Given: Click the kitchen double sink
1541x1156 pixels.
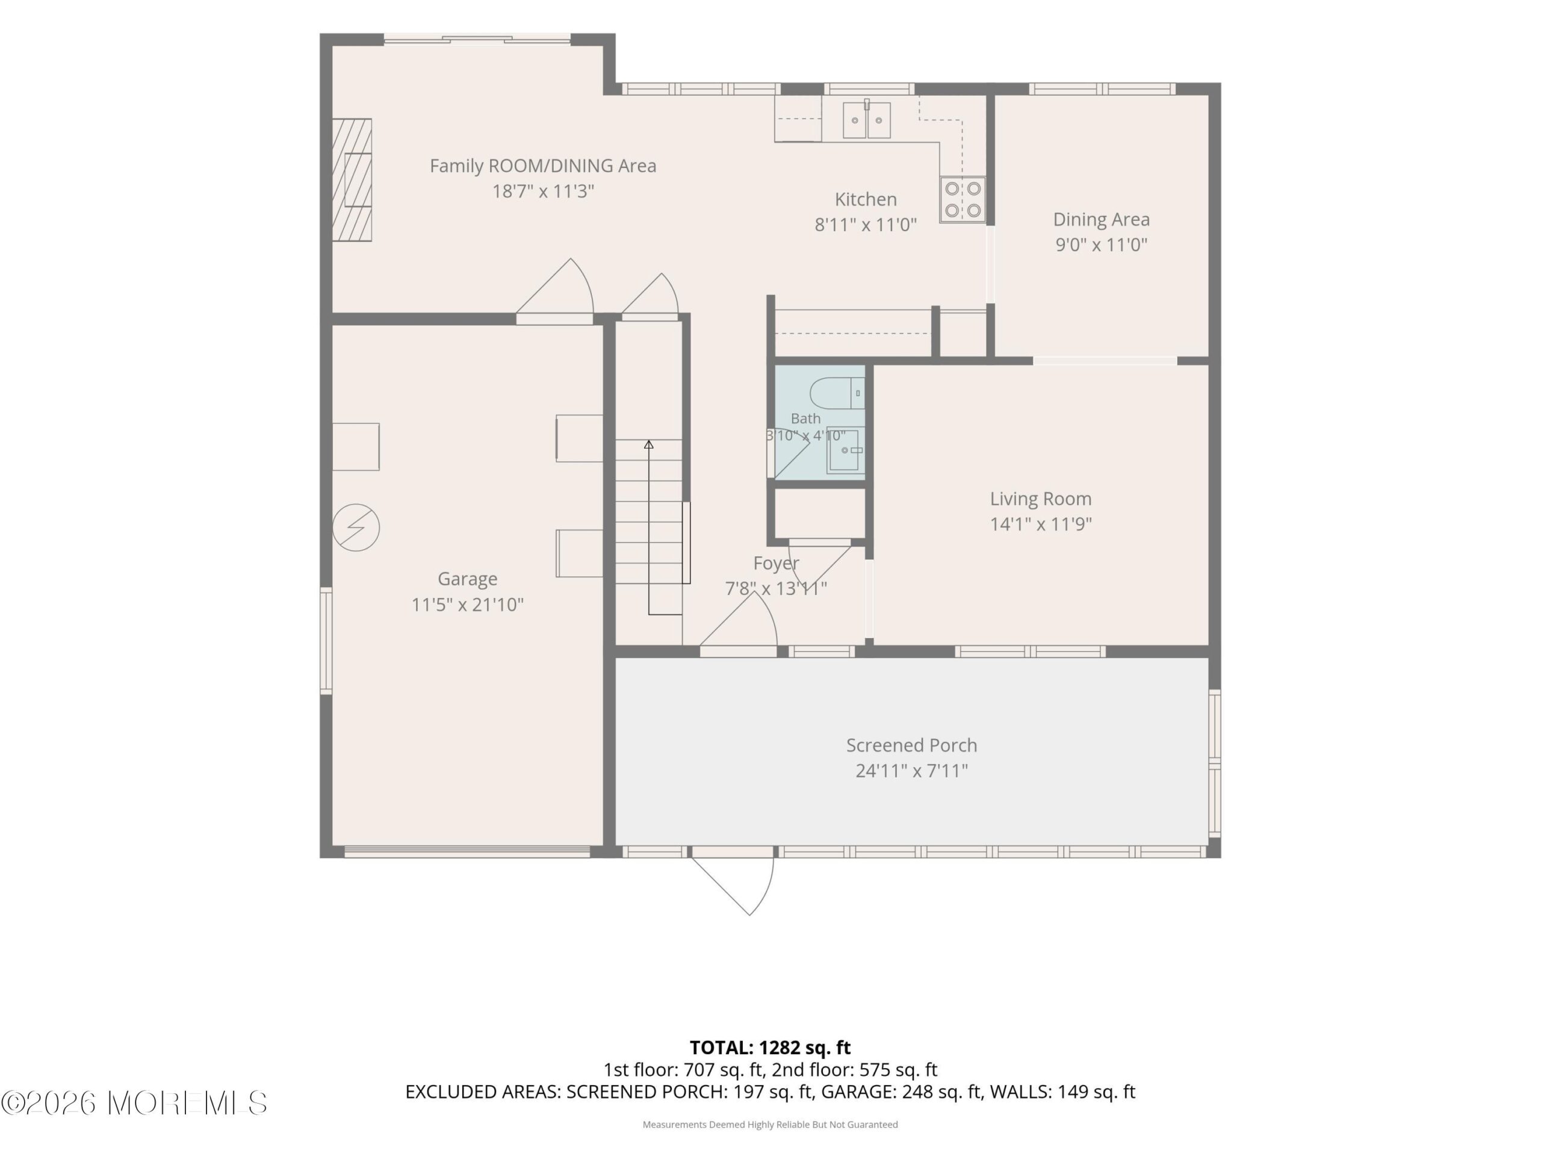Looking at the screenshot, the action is [867, 120].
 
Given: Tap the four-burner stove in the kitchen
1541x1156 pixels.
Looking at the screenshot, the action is [963, 199].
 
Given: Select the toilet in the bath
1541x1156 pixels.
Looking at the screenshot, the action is [837, 394].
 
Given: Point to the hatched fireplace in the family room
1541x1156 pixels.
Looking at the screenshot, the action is [351, 180].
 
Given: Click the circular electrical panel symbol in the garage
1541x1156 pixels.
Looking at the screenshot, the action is [356, 527].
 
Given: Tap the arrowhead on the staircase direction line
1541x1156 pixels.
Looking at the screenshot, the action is [648, 444].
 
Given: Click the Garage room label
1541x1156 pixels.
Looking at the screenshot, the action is [468, 579].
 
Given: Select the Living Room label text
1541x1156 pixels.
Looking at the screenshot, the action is [1041, 499].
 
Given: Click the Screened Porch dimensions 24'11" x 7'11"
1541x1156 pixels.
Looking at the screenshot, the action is [912, 771].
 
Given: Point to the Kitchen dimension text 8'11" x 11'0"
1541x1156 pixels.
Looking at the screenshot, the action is [866, 225].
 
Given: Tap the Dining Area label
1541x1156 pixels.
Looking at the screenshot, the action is [1102, 220].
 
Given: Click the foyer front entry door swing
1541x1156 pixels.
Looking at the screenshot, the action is [739, 624].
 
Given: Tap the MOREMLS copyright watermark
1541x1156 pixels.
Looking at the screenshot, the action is [134, 1103].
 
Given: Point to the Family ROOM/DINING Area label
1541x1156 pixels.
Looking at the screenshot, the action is [543, 166].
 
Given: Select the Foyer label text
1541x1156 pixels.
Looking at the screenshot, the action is [776, 563].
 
